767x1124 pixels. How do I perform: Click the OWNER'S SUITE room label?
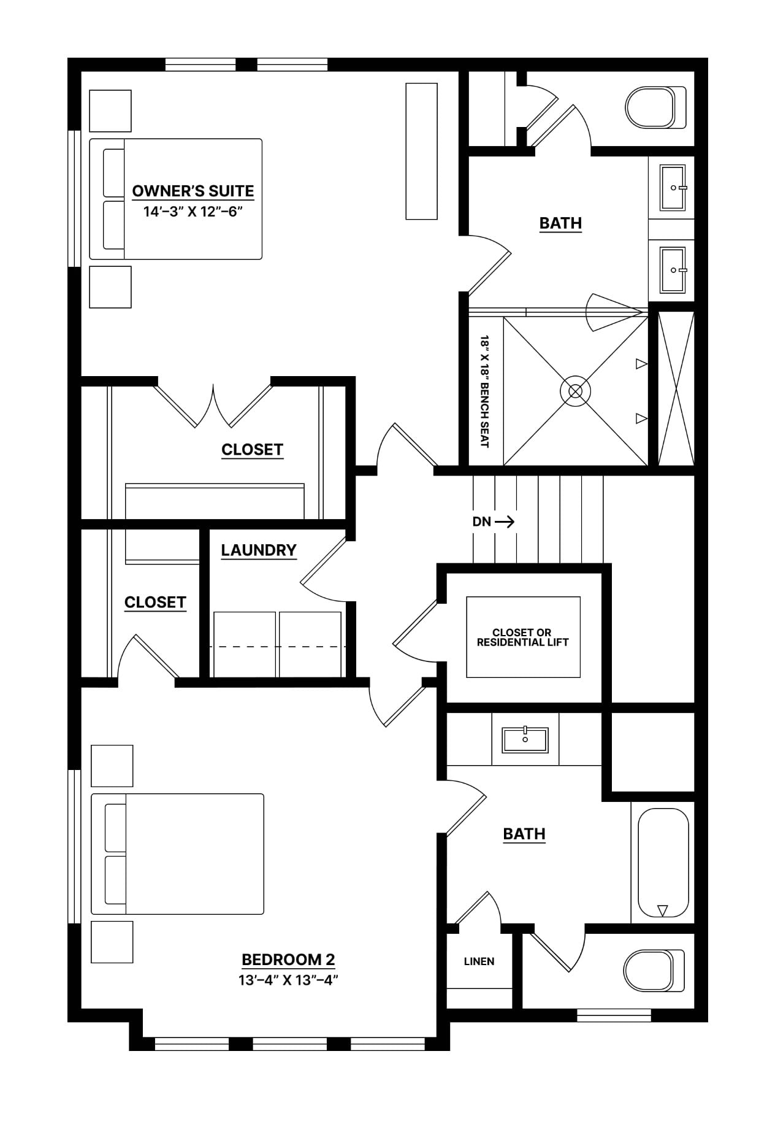click(193, 191)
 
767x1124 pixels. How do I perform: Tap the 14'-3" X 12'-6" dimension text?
click(193, 212)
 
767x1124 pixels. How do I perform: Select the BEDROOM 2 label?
click(288, 959)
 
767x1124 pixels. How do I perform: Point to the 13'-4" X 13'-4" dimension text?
click(288, 980)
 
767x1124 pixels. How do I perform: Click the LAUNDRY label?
click(259, 550)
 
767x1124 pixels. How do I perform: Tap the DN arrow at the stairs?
click(504, 522)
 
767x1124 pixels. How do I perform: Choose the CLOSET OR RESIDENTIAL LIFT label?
click(523, 637)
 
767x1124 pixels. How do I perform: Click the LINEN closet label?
click(479, 961)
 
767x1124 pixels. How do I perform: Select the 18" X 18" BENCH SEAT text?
click(484, 391)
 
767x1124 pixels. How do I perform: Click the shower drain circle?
click(575, 391)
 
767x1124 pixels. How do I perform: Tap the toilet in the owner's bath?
click(656, 107)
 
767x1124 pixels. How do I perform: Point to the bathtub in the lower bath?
click(662, 863)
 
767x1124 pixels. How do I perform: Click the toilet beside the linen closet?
click(654, 970)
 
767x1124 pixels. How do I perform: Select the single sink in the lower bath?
click(525, 739)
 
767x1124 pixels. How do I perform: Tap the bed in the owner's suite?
click(176, 199)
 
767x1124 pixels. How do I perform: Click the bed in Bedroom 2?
click(177, 854)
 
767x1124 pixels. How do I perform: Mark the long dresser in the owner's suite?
click(422, 151)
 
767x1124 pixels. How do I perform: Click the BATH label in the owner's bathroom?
click(560, 223)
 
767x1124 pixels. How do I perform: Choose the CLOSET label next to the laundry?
click(155, 602)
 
